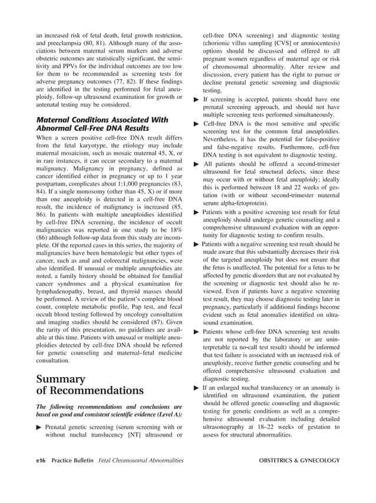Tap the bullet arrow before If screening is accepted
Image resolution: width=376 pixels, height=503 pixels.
pyautogui.click(x=197, y=101)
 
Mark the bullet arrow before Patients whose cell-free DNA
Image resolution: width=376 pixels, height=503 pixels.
pyautogui.click(x=197, y=332)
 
